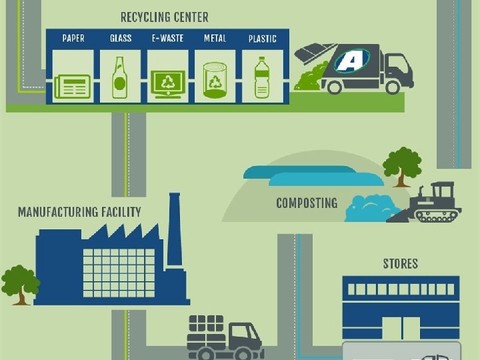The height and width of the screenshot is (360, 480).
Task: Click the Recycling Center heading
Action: [x=164, y=17]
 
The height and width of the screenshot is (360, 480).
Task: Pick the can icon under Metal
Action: [x=215, y=81]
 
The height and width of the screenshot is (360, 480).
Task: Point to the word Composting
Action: [x=307, y=203]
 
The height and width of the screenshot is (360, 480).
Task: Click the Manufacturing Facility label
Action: [x=79, y=212]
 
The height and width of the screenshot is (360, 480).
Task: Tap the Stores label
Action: [x=400, y=263]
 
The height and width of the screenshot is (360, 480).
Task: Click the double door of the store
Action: [x=401, y=327]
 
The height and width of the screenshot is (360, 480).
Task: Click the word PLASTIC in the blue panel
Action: [x=263, y=39]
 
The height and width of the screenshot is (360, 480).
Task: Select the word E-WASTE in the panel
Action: [x=167, y=38]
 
